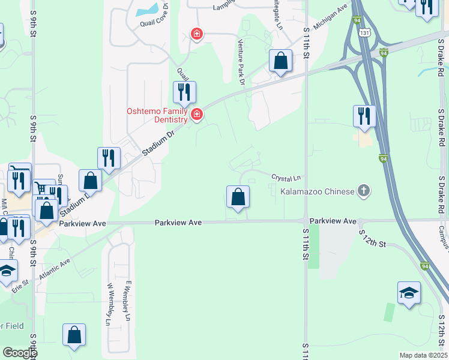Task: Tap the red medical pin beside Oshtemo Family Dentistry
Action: pos(196,113)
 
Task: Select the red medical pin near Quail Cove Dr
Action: pos(196,34)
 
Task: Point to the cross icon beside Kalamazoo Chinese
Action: pos(363,191)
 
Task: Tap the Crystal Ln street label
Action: pos(285,178)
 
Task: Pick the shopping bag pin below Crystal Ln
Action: pos(238,197)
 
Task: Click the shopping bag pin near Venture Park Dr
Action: pos(280,61)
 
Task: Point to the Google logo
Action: pos(20,353)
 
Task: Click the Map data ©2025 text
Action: pos(423,355)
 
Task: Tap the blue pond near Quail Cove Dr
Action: pos(148,10)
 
